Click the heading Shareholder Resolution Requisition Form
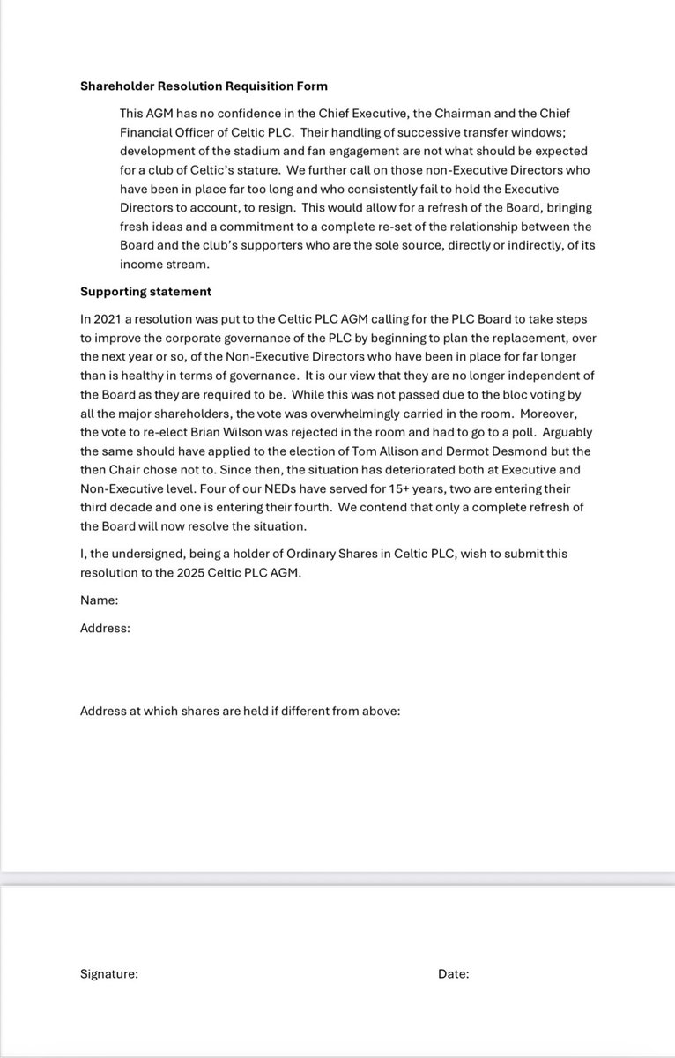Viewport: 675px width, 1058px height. pyautogui.click(x=204, y=86)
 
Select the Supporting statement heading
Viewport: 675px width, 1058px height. pyautogui.click(x=145, y=291)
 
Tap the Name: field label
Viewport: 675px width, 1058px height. pyautogui.click(x=99, y=600)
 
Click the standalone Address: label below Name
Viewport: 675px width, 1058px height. pyautogui.click(x=105, y=628)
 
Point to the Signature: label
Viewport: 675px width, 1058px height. pyautogui.click(x=108, y=974)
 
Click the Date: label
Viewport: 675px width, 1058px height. pyautogui.click(x=453, y=974)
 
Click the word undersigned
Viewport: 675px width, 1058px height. pyautogui.click(x=130, y=553)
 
